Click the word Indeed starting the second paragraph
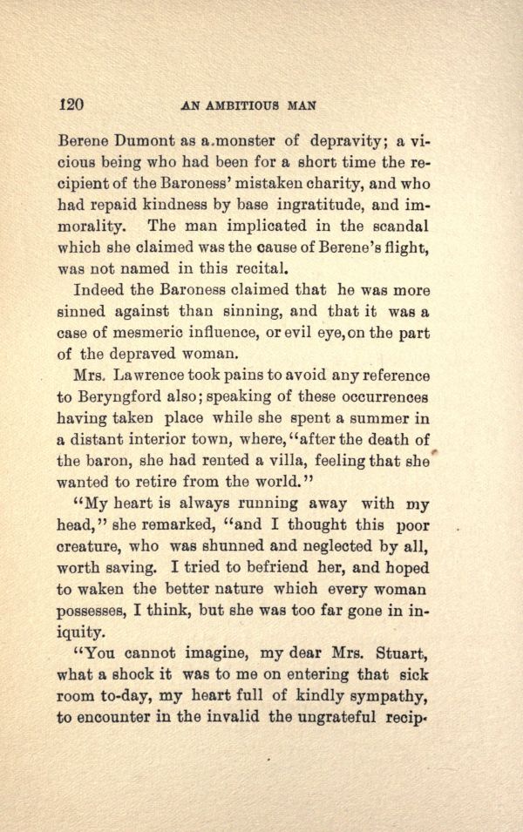99,289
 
